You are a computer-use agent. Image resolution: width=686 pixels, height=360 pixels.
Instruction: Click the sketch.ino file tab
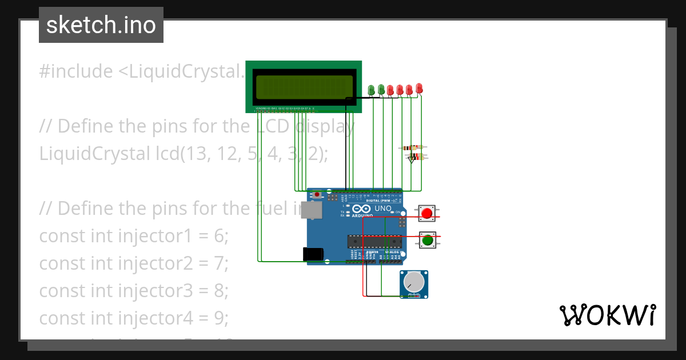(101, 25)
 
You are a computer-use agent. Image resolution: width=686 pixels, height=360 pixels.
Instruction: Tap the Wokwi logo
(607, 315)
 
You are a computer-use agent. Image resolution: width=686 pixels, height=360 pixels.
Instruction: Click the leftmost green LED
(371, 90)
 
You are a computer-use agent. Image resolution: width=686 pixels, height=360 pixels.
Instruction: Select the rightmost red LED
(419, 88)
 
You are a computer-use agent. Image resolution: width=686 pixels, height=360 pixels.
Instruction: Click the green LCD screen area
(304, 86)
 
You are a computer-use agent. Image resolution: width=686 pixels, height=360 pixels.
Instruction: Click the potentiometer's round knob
(412, 282)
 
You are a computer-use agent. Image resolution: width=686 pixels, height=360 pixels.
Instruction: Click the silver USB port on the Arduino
(312, 210)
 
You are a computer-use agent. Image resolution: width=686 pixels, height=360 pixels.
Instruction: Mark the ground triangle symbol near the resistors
(411, 160)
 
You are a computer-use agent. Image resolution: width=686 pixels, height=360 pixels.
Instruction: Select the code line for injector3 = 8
(133, 290)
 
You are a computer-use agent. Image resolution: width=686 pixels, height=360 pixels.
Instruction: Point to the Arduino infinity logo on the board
(358, 209)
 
